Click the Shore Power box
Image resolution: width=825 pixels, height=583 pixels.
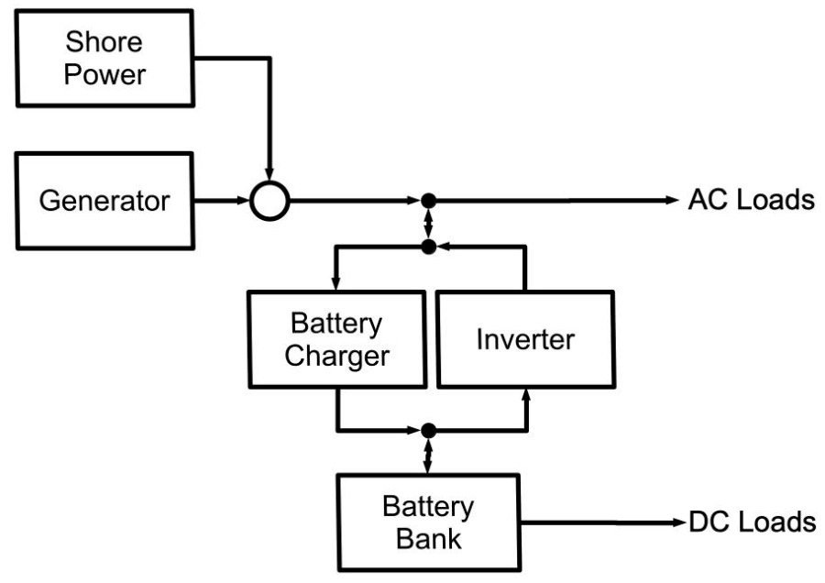(104, 57)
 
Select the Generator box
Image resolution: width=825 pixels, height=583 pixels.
(104, 200)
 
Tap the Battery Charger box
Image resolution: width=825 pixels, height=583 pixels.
(336, 339)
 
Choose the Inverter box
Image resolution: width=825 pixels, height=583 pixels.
(525, 339)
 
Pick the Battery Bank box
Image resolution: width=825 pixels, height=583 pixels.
(428, 522)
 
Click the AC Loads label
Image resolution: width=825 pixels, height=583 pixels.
(751, 200)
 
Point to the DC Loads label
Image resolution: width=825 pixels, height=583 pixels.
(752, 522)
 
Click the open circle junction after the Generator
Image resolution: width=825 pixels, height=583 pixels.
(270, 200)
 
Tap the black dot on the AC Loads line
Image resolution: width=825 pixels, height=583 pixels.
(428, 200)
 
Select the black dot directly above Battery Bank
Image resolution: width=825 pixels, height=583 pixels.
(428, 428)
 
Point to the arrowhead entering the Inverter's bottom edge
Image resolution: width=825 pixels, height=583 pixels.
(526, 395)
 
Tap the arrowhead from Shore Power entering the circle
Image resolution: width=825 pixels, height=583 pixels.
(270, 174)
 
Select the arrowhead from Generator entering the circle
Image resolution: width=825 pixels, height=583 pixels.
(243, 200)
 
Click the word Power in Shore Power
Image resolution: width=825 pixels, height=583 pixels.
(104, 73)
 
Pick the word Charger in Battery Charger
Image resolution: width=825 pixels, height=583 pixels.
(336, 356)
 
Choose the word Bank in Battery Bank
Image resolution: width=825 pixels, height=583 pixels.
(428, 538)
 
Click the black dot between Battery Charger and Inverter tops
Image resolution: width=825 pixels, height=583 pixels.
(428, 247)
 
